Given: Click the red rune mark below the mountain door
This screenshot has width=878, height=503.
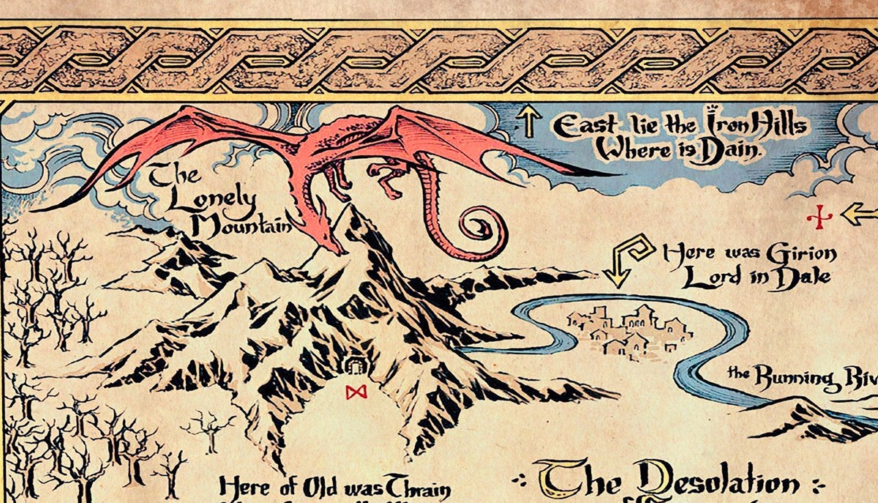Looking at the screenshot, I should (356, 393).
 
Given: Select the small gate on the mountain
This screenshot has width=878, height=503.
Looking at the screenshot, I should (356, 365).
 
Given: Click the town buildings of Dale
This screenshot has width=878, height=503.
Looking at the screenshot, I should (629, 329).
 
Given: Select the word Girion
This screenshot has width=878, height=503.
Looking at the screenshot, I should (800, 255).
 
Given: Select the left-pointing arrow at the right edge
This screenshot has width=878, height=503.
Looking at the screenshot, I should (859, 214).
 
